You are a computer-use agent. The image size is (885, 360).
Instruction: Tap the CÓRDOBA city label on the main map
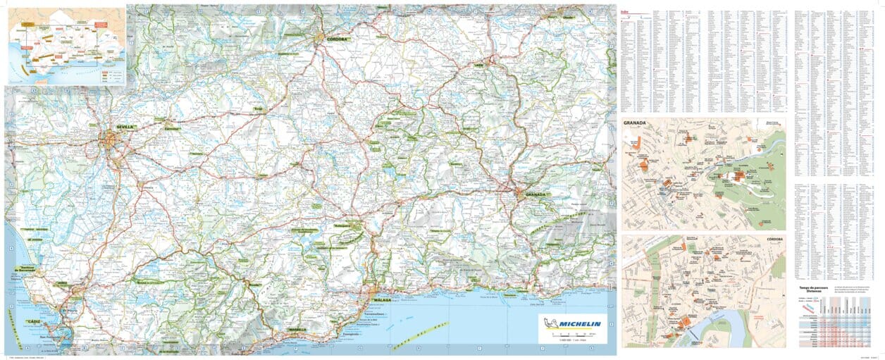point(338,39)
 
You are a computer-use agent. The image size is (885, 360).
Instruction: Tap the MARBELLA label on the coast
point(297,330)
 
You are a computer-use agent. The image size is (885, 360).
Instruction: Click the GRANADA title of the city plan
point(635,123)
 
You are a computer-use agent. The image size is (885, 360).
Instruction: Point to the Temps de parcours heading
point(814,287)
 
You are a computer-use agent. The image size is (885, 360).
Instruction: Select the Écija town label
point(259,109)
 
